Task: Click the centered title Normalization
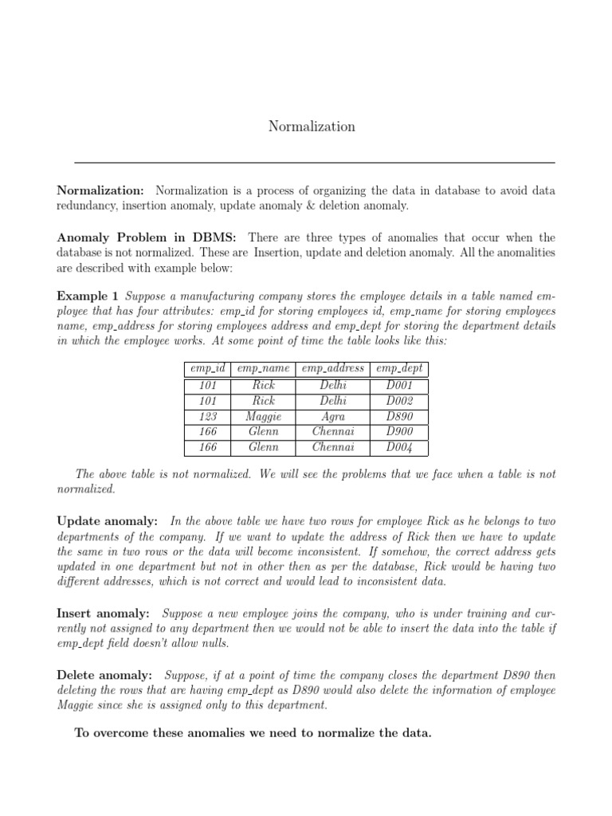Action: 312,127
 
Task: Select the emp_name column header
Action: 263,369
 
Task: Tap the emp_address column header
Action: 333,369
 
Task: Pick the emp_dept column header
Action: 399,369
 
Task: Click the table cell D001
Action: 399,386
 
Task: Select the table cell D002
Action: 399,401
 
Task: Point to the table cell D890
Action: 399,417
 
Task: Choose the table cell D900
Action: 399,432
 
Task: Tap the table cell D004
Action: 399,448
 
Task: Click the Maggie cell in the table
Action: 263,417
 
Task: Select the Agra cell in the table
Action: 333,417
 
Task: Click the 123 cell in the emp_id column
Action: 207,417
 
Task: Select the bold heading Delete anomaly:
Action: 104,675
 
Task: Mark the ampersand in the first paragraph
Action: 316,206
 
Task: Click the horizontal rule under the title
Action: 315,163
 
